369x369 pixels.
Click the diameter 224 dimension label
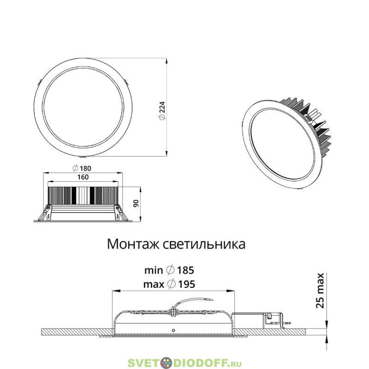(162, 111)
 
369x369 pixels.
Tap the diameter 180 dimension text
(82, 168)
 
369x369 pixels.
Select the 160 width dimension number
(83, 177)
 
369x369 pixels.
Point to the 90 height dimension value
(136, 203)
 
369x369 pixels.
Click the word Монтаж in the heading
(133, 244)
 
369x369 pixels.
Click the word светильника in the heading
(204, 244)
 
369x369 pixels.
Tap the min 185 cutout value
(169, 270)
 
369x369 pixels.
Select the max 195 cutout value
(169, 284)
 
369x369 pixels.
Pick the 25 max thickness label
(320, 291)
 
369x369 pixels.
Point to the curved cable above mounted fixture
(193, 302)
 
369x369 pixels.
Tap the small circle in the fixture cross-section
(173, 330)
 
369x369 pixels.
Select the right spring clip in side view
(119, 213)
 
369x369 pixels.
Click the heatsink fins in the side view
(83, 196)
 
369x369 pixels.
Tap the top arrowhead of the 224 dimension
(167, 60)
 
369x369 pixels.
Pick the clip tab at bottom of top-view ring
(83, 156)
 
